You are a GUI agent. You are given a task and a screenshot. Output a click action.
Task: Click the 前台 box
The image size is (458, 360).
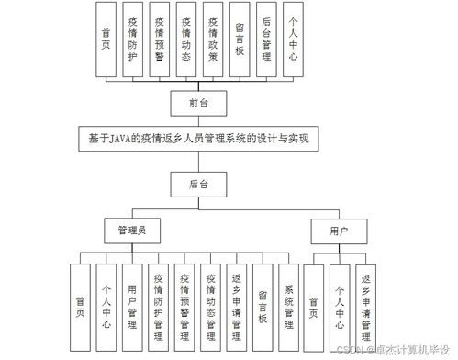pos(199,103)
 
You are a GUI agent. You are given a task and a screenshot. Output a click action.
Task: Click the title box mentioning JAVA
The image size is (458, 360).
pos(198,140)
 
